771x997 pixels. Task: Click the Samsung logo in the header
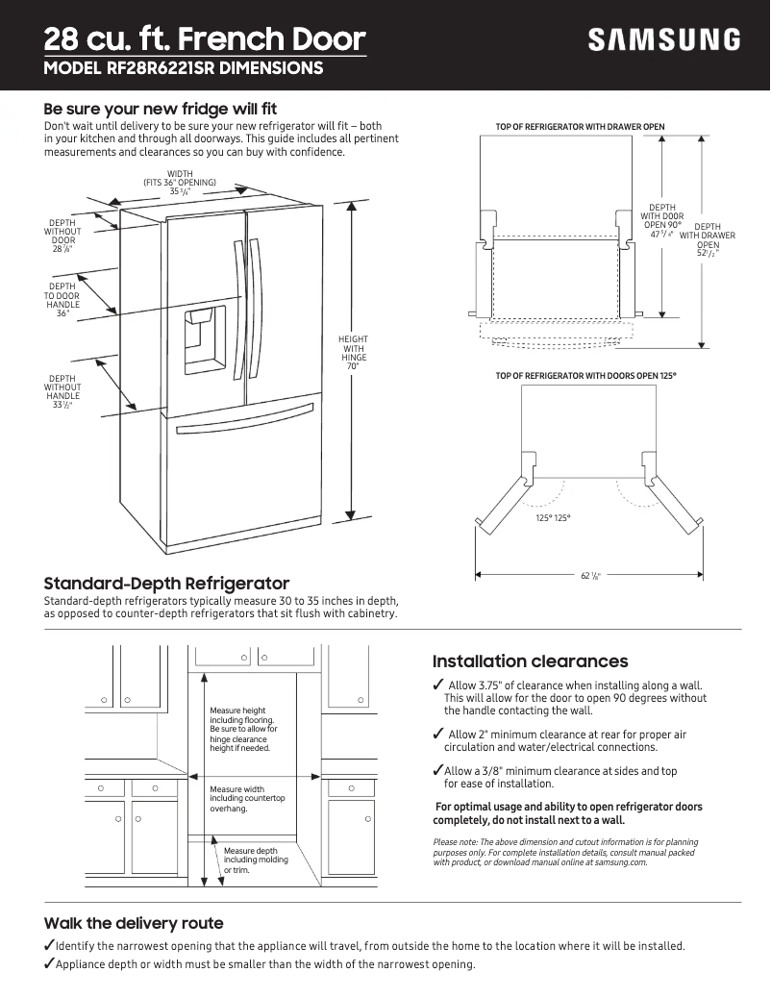pos(664,39)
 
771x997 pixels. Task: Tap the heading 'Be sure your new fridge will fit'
pos(161,109)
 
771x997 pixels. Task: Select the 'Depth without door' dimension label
pos(62,236)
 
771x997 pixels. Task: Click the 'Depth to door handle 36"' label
pos(62,299)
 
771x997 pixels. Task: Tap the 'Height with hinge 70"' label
pos(353,353)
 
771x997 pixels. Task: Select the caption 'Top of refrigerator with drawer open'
pos(580,127)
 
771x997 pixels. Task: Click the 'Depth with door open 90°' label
pos(661,220)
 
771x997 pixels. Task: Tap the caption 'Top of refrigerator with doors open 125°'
pos(585,375)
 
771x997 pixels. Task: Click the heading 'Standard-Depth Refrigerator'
pos(166,584)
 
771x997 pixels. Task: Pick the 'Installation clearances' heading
pos(530,661)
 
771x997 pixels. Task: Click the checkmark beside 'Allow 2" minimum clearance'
pos(438,735)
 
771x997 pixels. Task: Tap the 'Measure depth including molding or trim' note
pos(249,860)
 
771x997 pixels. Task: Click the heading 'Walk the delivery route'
pos(134,923)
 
